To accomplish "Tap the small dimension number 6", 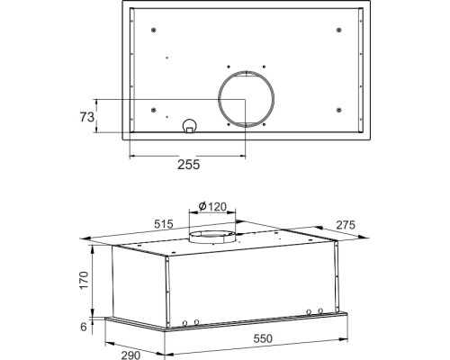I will (x=85, y=327).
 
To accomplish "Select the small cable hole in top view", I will (x=189, y=126).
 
